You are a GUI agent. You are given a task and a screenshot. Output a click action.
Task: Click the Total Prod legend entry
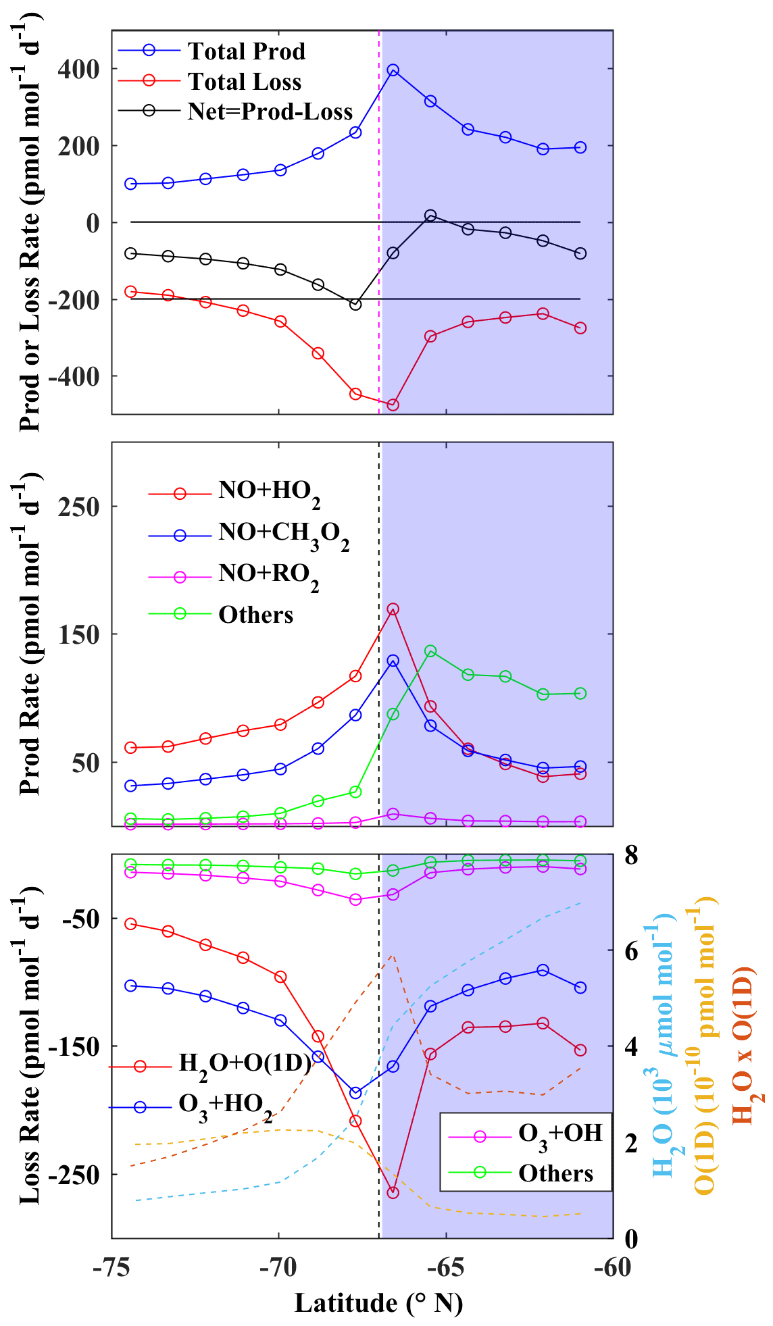(246, 51)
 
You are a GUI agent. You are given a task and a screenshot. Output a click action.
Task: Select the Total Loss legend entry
(244, 82)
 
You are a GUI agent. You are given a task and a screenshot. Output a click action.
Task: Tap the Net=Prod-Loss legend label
(270, 111)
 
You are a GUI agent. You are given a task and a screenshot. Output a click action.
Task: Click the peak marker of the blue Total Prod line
(393, 70)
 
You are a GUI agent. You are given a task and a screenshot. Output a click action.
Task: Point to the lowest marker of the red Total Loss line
(393, 405)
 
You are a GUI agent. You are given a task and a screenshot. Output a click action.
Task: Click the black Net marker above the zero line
(430, 215)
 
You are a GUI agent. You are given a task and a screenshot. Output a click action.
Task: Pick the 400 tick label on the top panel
(78, 69)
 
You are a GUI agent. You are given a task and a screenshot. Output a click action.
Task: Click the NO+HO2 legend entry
(269, 492)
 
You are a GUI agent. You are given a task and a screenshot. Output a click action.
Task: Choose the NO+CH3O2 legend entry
(284, 534)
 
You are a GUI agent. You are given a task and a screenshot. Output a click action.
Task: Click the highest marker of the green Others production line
(430, 651)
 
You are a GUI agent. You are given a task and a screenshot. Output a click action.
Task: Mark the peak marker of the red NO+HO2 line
(393, 609)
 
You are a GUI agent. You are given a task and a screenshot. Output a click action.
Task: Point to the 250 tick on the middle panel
(78, 507)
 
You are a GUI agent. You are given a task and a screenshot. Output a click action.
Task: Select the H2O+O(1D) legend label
(245, 1064)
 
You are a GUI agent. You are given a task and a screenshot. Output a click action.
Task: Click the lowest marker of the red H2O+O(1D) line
(393, 1193)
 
